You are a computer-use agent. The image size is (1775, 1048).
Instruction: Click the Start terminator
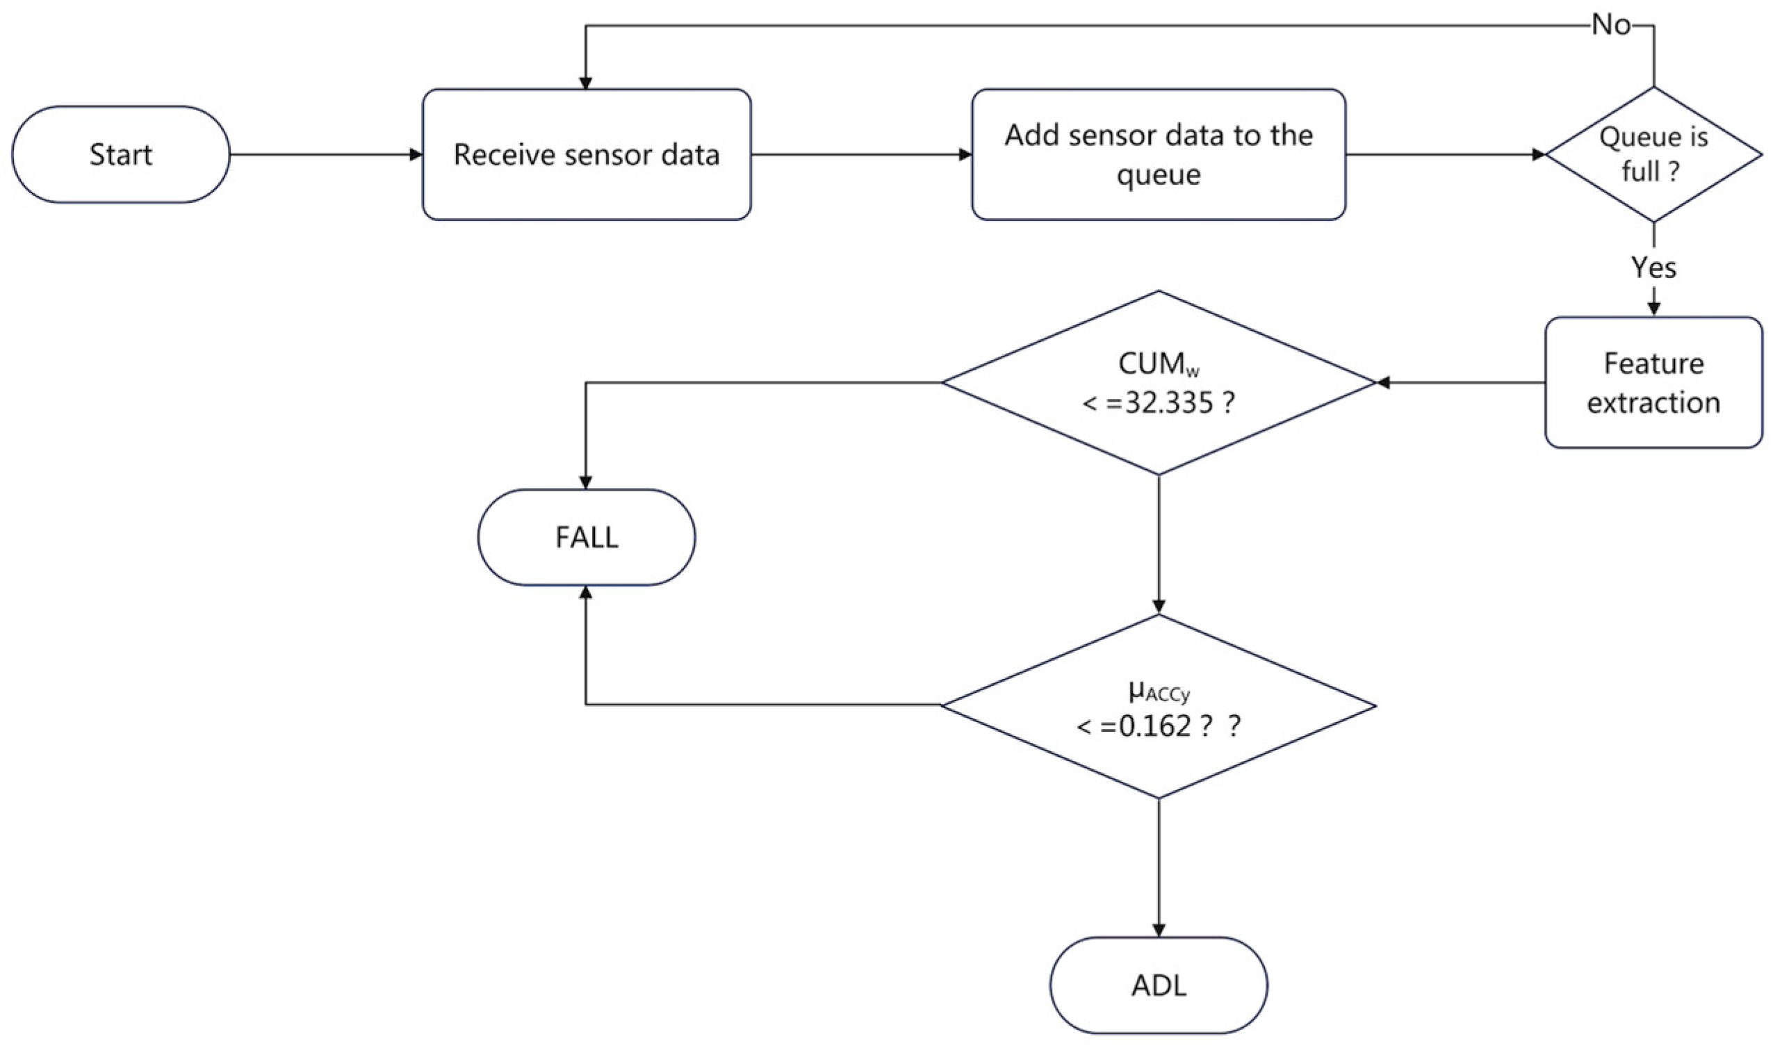point(121,155)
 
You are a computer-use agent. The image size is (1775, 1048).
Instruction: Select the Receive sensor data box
point(586,155)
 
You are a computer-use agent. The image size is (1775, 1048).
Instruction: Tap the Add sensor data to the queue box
point(1158,155)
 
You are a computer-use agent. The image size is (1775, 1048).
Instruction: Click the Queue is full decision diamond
point(1653,155)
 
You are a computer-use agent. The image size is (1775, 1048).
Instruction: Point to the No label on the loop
point(1611,26)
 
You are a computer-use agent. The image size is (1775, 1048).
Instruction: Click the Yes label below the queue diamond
point(1653,268)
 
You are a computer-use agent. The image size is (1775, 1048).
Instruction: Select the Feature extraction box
point(1653,383)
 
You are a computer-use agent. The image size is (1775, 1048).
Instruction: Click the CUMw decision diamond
point(1158,383)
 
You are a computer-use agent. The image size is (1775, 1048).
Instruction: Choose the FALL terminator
point(586,537)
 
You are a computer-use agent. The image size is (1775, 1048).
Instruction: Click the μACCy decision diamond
point(1158,706)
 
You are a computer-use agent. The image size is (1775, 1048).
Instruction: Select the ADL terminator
point(1158,986)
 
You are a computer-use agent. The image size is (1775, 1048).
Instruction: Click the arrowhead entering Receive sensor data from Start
point(416,155)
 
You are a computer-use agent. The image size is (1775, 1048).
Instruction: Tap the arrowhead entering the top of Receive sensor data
point(585,83)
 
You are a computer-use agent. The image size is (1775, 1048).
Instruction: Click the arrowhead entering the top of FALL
point(585,483)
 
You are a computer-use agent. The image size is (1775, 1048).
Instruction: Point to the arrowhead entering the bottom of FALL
point(585,592)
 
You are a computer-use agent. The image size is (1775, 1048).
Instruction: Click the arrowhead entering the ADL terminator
point(1158,931)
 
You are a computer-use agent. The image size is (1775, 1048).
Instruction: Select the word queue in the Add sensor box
point(1158,174)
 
